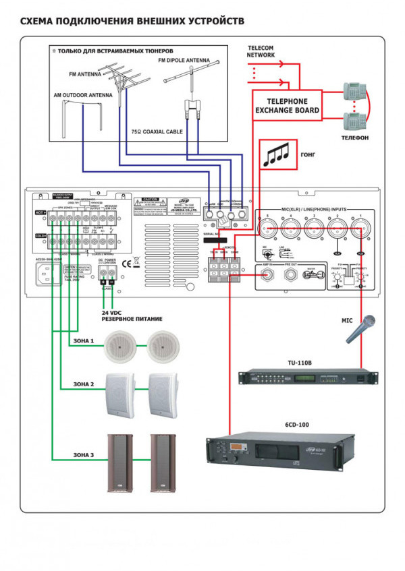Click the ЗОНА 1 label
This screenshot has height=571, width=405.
click(82, 341)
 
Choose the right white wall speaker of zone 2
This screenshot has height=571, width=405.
click(164, 393)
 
